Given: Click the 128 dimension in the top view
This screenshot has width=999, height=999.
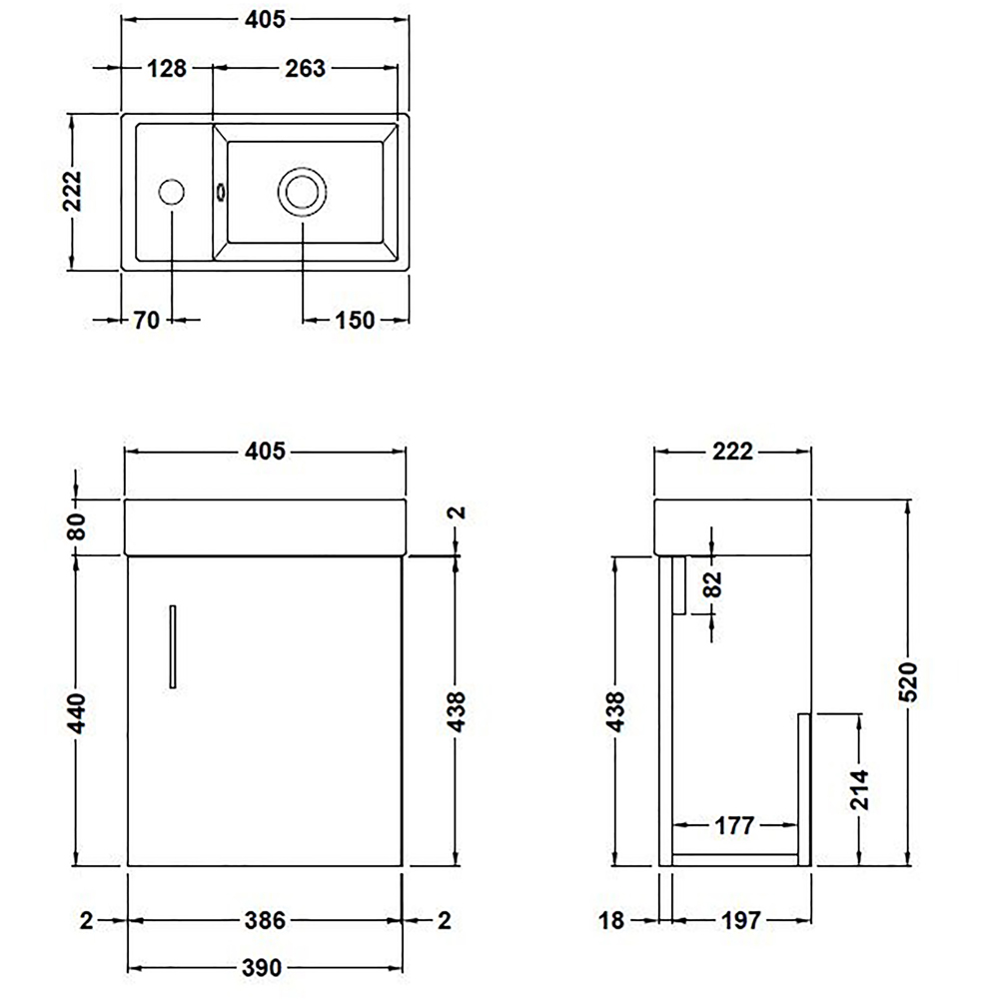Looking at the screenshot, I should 167,68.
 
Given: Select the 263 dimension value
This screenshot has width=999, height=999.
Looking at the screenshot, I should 305,68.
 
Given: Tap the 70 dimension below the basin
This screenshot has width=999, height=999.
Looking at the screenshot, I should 147,320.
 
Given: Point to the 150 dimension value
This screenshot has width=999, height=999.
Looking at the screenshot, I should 356,320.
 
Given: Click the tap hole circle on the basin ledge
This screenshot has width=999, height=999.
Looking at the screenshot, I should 172,192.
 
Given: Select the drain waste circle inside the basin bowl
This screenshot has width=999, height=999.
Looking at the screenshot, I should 301,191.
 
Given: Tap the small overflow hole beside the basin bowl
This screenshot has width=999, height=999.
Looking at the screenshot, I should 219,191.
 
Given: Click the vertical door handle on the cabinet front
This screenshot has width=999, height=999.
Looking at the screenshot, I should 173,645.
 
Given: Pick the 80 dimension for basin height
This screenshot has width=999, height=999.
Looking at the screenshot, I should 77,523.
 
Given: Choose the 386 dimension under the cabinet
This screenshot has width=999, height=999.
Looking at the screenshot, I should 265,920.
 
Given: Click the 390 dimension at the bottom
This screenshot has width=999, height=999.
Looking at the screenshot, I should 265,967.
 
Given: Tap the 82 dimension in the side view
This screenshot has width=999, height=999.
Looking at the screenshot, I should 712,583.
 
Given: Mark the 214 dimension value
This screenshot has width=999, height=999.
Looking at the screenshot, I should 861,789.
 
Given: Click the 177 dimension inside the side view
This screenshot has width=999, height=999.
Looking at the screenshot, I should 734,825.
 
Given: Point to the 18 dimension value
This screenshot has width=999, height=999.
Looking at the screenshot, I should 612,920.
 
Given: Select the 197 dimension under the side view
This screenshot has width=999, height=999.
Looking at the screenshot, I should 741,920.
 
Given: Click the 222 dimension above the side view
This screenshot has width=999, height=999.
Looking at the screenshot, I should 732,451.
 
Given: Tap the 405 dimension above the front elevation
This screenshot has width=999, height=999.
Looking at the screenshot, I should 265,451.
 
